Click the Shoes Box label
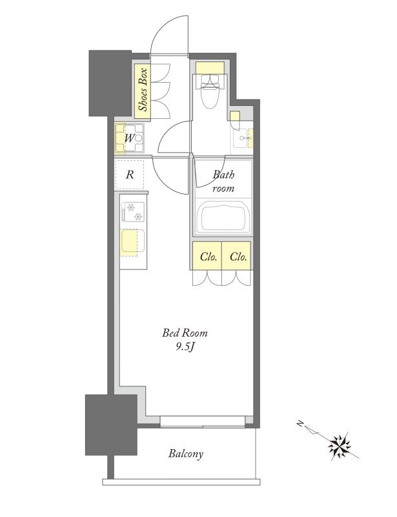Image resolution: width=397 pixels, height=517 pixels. coord(143,90)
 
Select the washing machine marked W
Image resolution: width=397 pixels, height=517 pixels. coord(130,138)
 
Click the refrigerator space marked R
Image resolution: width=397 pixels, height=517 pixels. coord(130,174)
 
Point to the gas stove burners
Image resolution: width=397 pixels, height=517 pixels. coord(133,212)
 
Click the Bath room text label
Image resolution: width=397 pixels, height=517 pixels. coord(223,181)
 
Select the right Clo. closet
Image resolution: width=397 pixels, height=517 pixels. coord(236,256)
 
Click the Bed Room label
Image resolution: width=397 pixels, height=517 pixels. coord(185,333)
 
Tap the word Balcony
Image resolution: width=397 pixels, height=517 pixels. coord(186,454)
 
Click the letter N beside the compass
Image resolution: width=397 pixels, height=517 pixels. coord(300,423)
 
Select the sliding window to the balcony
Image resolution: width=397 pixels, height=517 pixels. coord(203,422)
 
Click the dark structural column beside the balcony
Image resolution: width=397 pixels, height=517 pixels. coord(111,425)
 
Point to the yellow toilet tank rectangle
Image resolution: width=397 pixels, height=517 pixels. coord(210,69)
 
